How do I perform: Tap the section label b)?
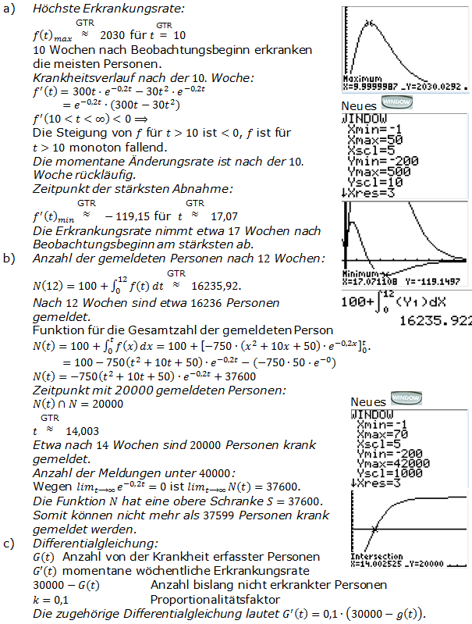point(9,258)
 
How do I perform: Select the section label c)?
point(9,542)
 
